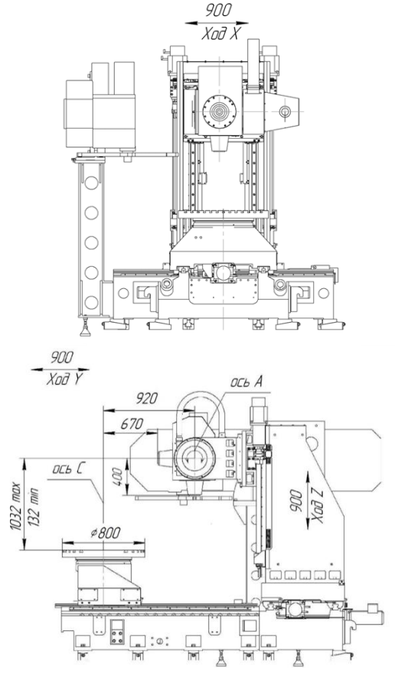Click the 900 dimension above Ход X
coord(218,10)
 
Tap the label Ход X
coord(220,34)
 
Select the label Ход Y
coord(65,380)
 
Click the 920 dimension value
coord(147,399)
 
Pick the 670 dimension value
coord(132,424)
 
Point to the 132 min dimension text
coord(33,508)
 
